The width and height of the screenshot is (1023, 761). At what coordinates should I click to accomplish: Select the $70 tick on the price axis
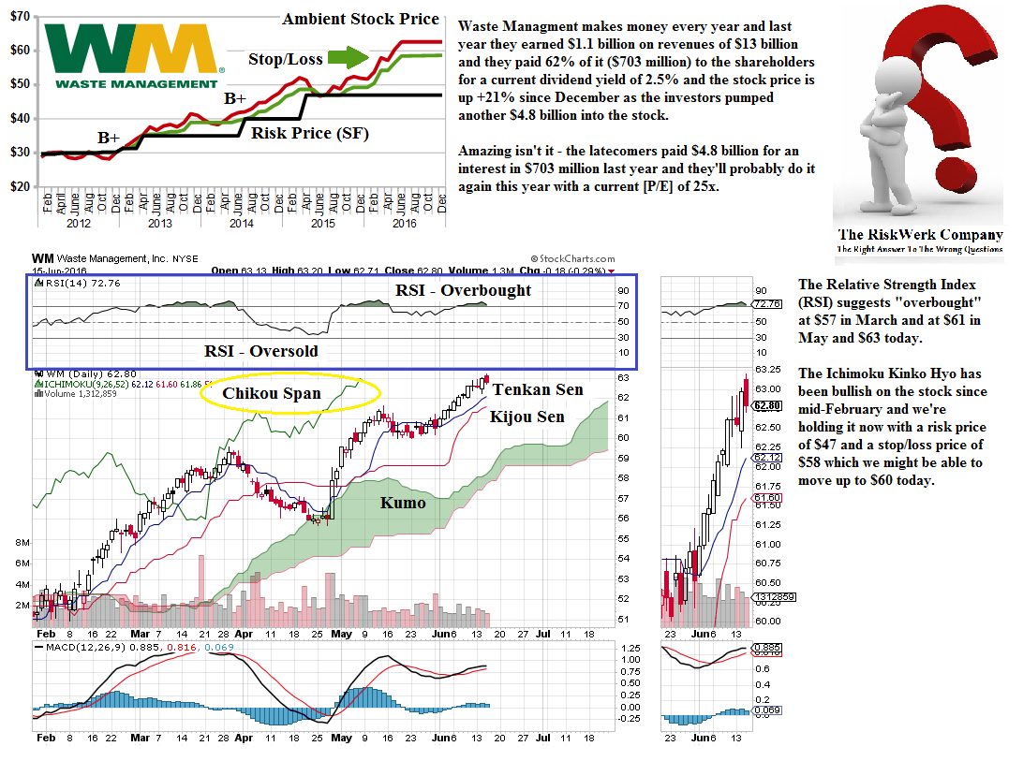pyautogui.click(x=22, y=16)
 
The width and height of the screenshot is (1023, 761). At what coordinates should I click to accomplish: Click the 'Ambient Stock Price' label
pyautogui.click(x=360, y=19)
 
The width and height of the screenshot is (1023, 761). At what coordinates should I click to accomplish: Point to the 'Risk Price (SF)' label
pyautogui.click(x=309, y=134)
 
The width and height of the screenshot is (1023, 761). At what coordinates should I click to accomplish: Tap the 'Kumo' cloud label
pyautogui.click(x=403, y=503)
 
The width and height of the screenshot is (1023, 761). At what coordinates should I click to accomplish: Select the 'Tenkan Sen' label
pyautogui.click(x=538, y=389)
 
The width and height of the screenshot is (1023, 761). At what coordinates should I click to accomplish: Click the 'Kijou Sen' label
pyautogui.click(x=527, y=416)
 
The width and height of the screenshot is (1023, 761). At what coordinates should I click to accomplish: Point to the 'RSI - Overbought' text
pyautogui.click(x=463, y=290)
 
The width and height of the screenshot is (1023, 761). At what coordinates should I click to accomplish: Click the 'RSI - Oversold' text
pyautogui.click(x=261, y=351)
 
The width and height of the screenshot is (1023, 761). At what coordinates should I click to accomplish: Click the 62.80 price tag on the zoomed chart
pyautogui.click(x=767, y=405)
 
